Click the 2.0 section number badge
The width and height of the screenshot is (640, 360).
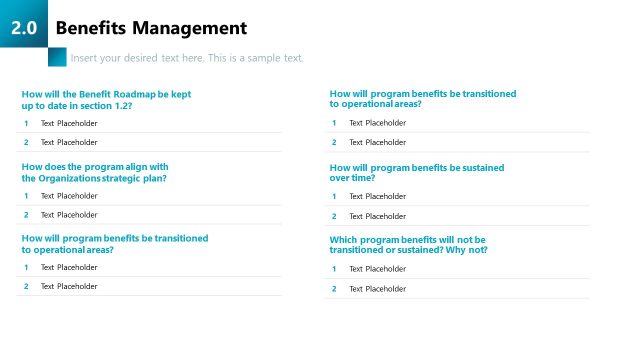(24, 29)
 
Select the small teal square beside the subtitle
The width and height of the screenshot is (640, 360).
(57, 57)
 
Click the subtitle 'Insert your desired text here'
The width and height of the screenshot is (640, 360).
(187, 58)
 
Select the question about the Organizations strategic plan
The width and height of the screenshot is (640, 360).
(95, 172)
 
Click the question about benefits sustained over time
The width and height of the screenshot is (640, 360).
(416, 173)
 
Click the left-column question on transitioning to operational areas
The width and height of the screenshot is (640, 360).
(114, 244)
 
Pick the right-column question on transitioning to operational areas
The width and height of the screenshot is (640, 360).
(422, 99)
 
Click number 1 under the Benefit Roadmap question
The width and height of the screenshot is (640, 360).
(26, 123)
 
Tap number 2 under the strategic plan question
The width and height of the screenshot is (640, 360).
(26, 215)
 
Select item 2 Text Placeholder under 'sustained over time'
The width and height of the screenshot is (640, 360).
(377, 216)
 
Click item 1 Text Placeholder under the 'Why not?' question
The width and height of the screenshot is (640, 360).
(377, 269)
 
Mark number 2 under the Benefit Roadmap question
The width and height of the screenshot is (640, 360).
(26, 142)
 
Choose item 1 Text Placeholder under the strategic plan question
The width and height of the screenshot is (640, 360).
(69, 196)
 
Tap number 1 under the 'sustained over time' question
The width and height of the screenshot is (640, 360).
(334, 197)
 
